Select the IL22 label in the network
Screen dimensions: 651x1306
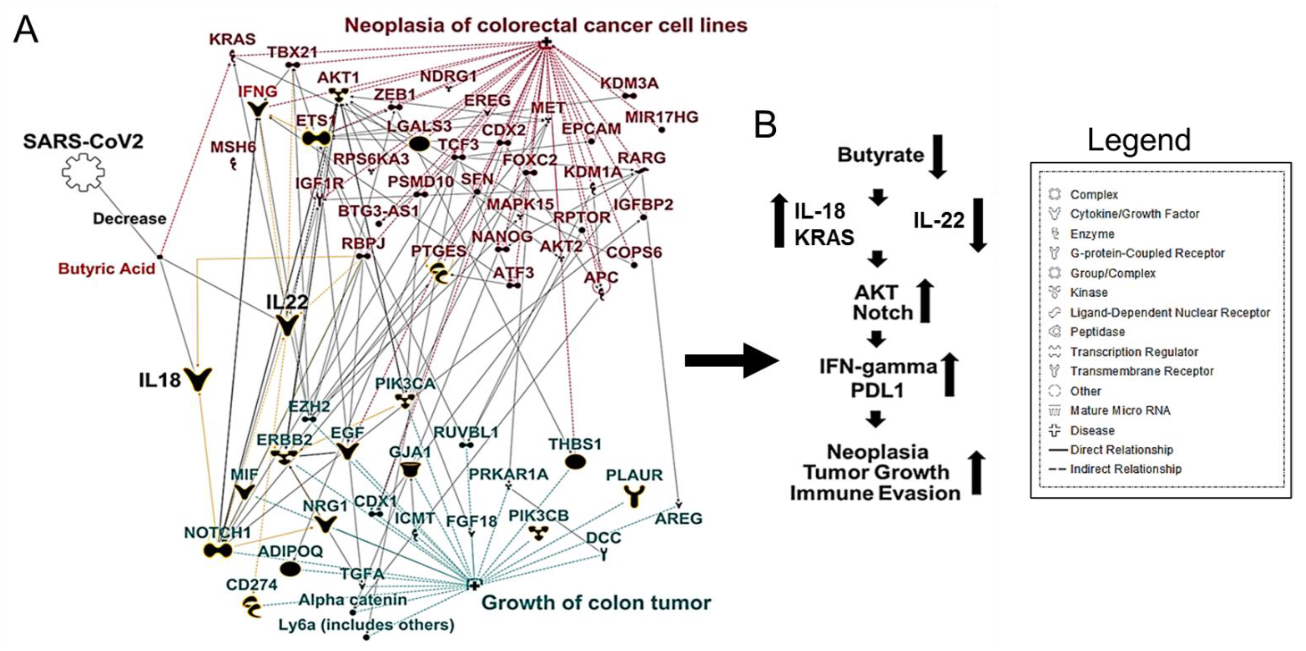[x=287, y=302]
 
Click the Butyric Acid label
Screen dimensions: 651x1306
[x=106, y=269]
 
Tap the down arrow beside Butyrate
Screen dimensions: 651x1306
[x=937, y=156]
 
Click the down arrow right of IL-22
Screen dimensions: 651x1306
[x=978, y=225]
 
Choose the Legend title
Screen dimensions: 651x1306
[x=1139, y=140]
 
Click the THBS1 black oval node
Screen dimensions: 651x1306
[x=575, y=462]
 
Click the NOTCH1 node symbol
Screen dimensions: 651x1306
[x=218, y=550]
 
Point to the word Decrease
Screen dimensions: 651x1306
[x=129, y=219]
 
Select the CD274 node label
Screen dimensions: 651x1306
[x=252, y=585]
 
